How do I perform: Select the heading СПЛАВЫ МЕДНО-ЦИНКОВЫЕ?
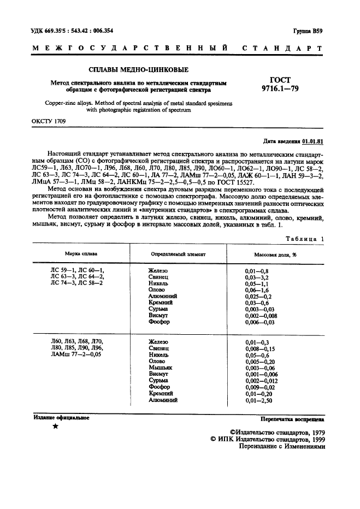tap(139, 70)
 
